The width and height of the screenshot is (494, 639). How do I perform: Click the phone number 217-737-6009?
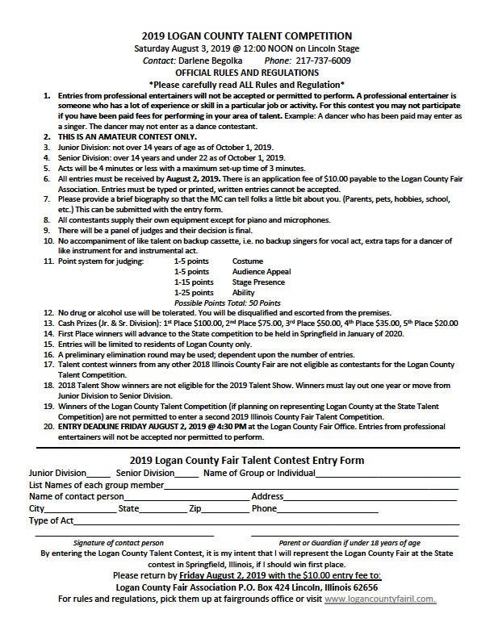321,61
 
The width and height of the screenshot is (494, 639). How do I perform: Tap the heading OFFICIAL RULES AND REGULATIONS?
247,72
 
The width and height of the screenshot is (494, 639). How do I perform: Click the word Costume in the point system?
248,261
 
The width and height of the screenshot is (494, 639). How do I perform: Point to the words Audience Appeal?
262,271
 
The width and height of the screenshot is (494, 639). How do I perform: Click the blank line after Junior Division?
98,474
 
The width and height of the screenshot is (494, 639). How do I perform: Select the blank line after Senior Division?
186,474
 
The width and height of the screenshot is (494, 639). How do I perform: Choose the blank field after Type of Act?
266,523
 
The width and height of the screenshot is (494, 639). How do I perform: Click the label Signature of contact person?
118,543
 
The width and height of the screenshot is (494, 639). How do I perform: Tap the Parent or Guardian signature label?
350,543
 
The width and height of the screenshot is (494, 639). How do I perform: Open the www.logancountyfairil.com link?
380,599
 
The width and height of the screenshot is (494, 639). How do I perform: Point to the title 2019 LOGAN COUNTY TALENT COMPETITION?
247,35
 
